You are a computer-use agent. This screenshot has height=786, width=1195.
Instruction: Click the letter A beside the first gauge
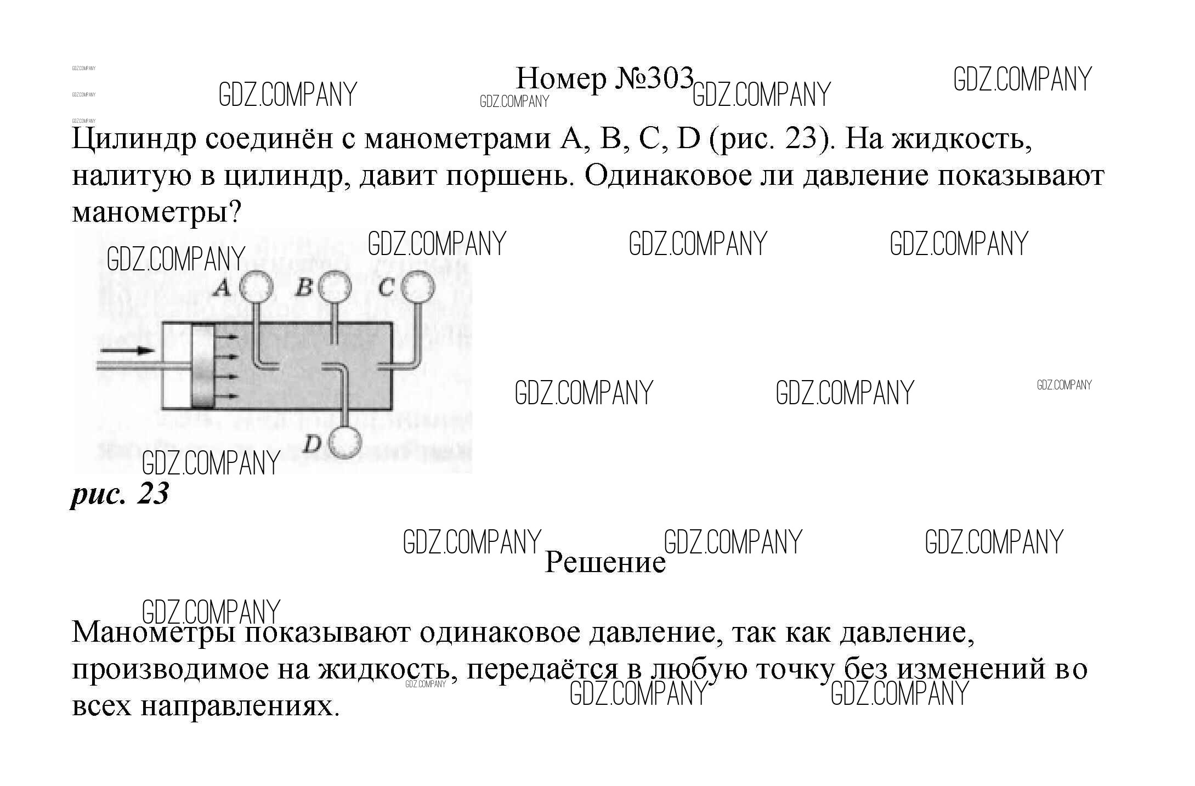click(222, 287)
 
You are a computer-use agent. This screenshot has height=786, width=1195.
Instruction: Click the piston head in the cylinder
click(202, 366)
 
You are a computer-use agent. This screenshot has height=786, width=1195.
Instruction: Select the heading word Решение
click(604, 562)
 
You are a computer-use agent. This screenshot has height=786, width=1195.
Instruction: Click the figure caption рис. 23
click(120, 494)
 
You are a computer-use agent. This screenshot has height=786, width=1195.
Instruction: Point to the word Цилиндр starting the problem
click(134, 139)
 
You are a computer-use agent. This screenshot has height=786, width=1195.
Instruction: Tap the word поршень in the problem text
click(506, 176)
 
